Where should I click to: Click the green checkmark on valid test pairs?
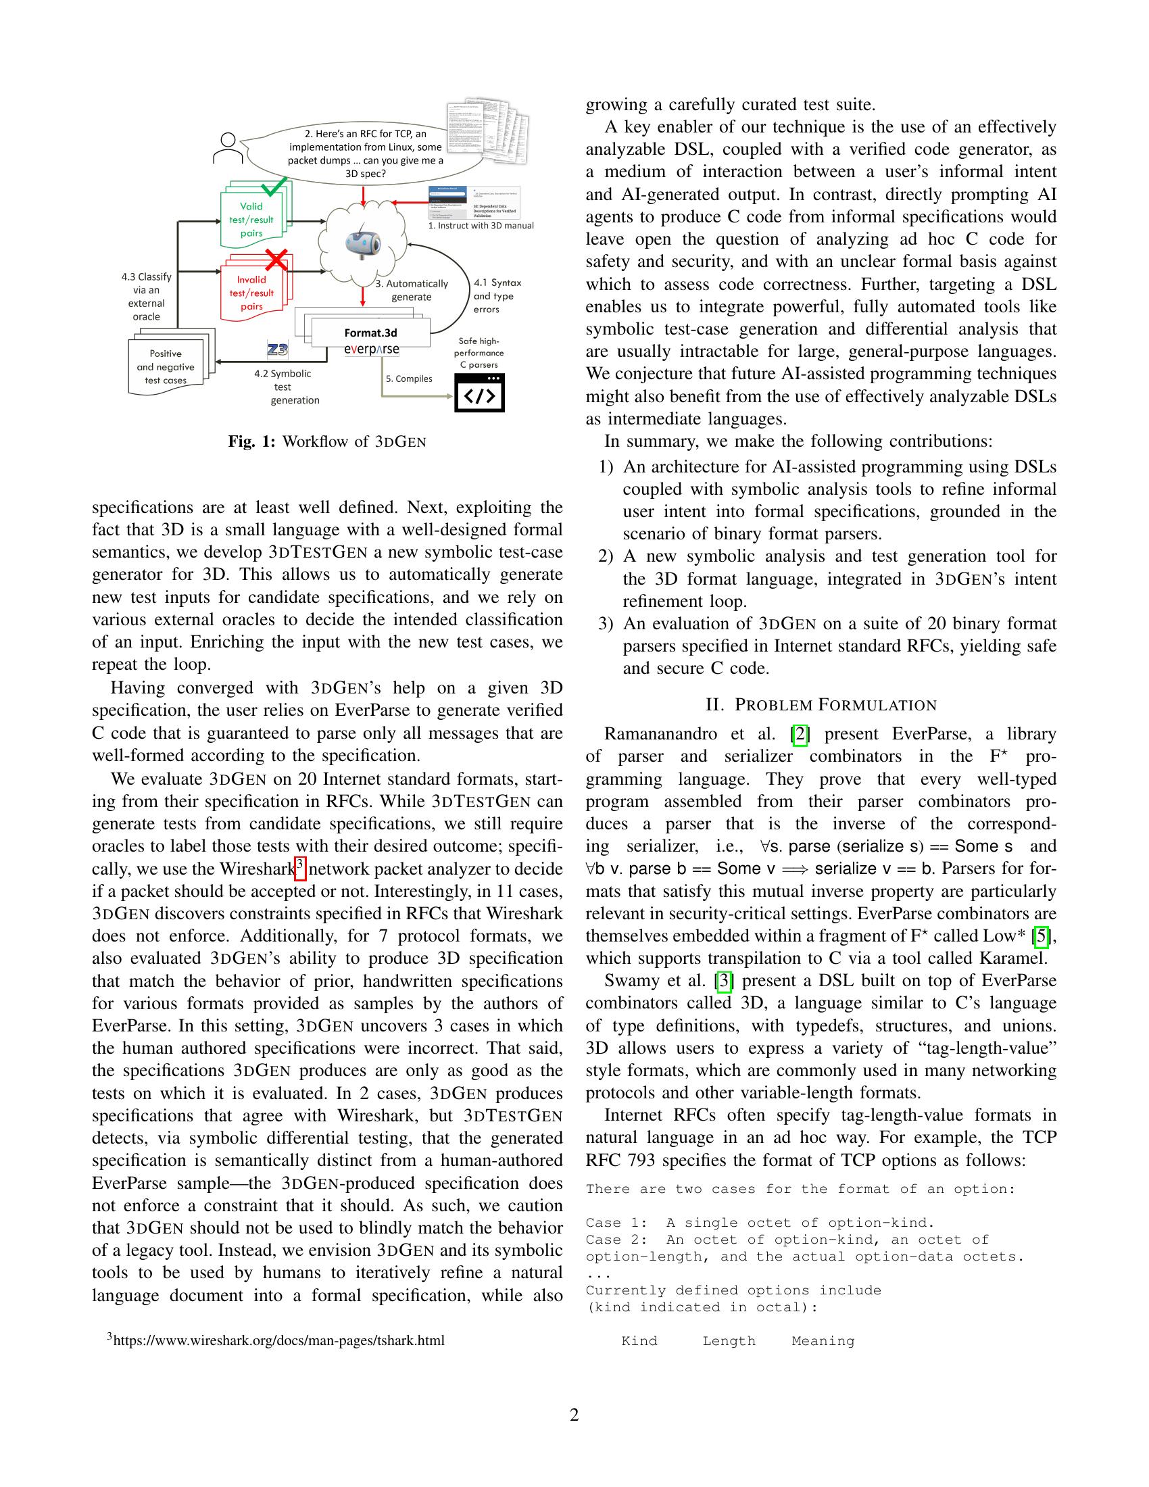pos(274,185)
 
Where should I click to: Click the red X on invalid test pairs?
pos(276,259)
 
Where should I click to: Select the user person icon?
pos(228,148)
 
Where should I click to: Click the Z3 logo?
pos(278,350)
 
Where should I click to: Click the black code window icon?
pos(479,393)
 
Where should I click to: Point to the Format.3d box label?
pos(370,333)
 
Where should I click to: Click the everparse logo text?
pos(371,349)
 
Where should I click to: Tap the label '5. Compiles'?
pos(408,379)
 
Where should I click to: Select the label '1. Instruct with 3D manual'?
pos(481,225)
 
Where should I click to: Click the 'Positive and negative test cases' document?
pos(166,367)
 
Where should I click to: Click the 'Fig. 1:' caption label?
pos(252,442)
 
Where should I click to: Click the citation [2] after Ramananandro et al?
pos(799,734)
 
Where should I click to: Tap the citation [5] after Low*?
pos(1040,936)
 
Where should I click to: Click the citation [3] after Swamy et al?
pos(723,981)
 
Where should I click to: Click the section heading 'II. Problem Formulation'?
pos(821,705)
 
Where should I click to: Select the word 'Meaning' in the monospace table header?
pos(823,1341)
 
